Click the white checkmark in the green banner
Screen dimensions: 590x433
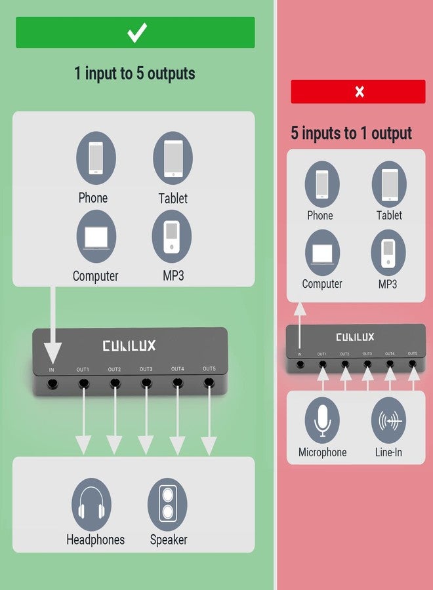(x=136, y=32)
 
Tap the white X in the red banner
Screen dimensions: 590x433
(x=359, y=92)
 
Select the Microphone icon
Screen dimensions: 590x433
(x=322, y=420)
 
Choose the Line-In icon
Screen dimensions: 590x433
(x=388, y=420)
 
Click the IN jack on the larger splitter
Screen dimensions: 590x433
(x=52, y=382)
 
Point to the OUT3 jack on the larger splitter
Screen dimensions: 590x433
(x=146, y=382)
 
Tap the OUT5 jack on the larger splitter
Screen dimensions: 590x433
(x=209, y=382)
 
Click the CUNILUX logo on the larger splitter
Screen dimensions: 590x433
(x=129, y=345)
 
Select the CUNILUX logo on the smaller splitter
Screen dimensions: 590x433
(x=355, y=337)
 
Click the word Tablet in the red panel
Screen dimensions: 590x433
(x=389, y=215)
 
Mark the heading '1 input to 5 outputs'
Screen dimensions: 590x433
(x=134, y=73)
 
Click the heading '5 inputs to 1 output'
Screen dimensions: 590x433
(x=352, y=133)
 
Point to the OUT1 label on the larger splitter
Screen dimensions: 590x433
(x=83, y=369)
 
